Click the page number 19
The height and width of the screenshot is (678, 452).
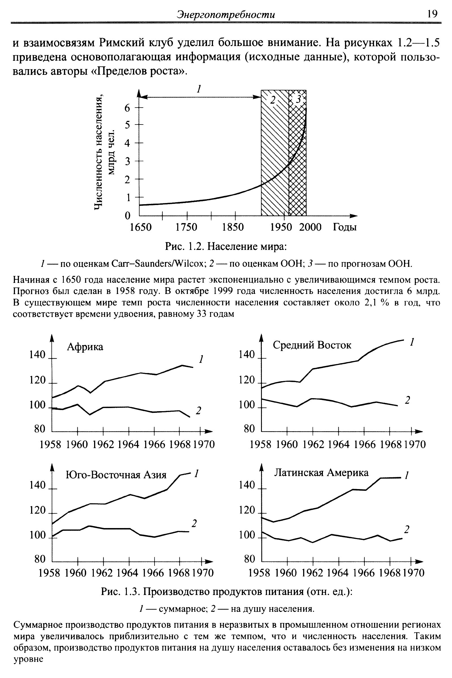[433, 14]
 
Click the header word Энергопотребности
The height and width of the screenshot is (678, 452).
[226, 14]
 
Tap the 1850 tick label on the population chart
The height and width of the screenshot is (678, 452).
[233, 227]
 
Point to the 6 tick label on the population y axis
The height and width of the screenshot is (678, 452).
[127, 108]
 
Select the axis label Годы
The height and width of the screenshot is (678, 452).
[345, 227]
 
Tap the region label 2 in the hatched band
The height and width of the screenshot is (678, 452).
[273, 100]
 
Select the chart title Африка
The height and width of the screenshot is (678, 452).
[85, 347]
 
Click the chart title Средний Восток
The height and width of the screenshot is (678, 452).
[312, 345]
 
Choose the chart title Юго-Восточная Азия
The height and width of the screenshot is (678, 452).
[116, 475]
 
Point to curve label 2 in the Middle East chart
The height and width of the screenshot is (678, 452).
[407, 400]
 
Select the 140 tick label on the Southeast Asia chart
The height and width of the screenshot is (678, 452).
[38, 485]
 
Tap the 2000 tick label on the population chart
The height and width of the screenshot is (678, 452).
[310, 227]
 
